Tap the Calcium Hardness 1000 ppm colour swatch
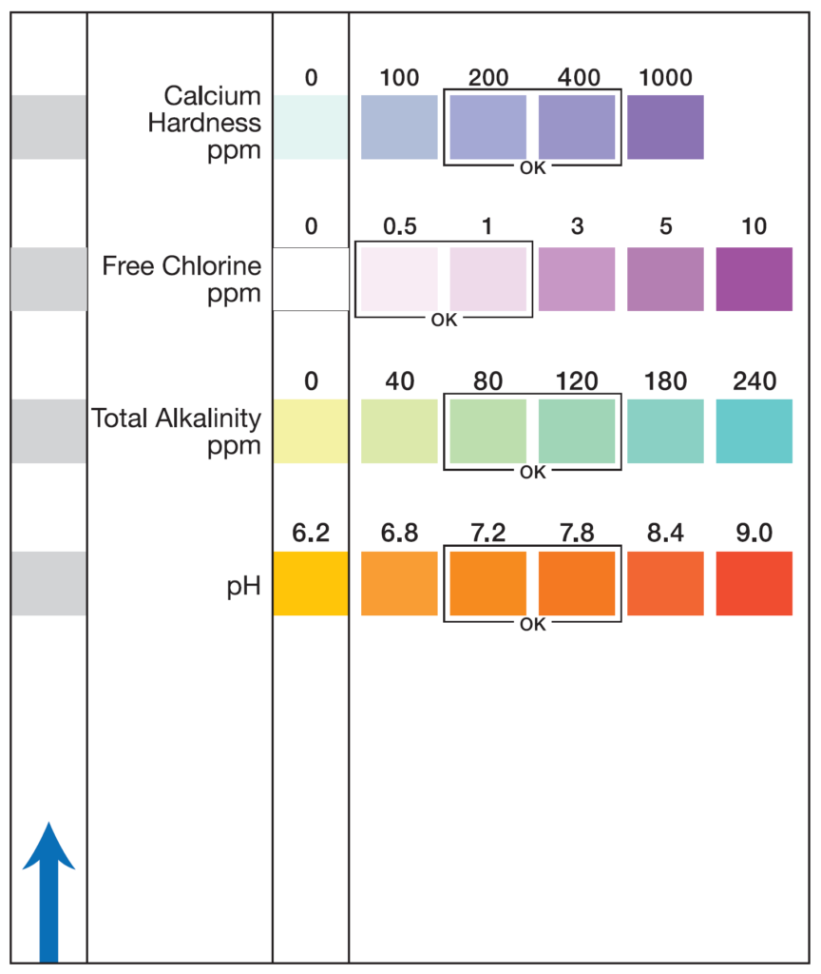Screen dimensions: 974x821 (x=665, y=127)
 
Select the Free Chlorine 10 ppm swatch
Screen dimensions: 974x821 (x=754, y=279)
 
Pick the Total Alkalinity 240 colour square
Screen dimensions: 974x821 (x=754, y=431)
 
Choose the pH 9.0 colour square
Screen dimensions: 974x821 (x=754, y=583)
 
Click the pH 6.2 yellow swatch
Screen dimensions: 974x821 (x=311, y=583)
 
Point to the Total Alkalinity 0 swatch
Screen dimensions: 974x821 (x=311, y=431)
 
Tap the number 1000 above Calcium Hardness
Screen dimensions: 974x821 (x=665, y=78)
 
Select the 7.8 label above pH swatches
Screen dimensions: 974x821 (x=577, y=535)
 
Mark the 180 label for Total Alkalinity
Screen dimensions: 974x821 (x=665, y=382)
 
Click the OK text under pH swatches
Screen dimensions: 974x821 (x=533, y=625)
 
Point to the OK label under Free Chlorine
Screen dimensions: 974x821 (x=444, y=320)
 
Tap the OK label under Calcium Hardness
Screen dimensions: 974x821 (x=533, y=168)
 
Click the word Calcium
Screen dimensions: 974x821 (x=212, y=96)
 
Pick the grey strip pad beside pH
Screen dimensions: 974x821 (x=48, y=583)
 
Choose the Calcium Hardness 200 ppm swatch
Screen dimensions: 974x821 (x=487, y=127)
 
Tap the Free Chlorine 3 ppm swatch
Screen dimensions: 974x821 (x=577, y=279)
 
